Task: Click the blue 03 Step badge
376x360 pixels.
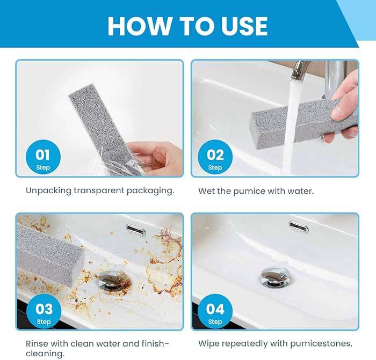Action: point(44,313)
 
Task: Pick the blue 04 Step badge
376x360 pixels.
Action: point(215,313)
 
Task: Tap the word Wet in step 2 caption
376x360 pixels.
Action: point(207,190)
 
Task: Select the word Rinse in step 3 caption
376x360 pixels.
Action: point(37,343)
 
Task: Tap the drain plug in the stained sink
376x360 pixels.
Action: point(114,281)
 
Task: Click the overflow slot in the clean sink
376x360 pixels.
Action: point(298,225)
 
